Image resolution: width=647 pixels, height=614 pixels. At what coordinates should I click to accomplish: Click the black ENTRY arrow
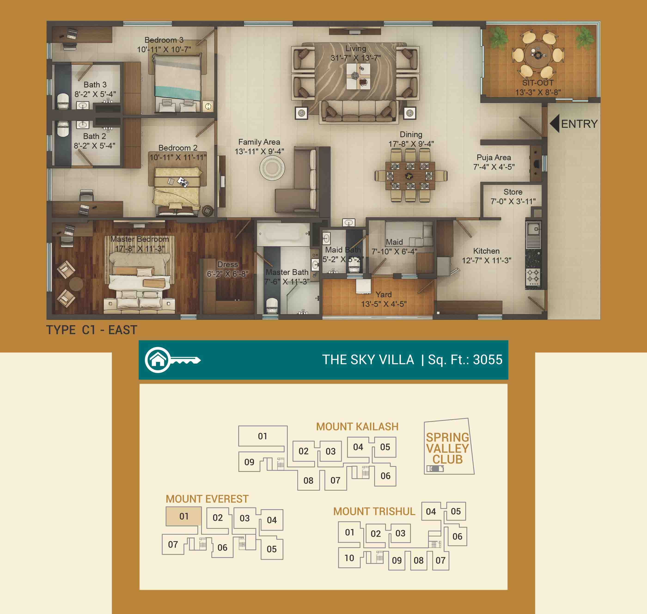pos(554,123)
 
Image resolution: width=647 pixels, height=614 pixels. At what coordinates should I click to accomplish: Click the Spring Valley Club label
pos(447,448)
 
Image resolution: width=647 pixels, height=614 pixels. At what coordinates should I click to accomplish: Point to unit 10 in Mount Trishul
pos(349,558)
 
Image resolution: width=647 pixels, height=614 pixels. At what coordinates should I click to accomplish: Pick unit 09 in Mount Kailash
pos(249,462)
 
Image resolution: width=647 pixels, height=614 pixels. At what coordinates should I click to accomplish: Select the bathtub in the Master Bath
pos(283,234)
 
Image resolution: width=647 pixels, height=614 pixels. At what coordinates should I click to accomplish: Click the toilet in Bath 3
pos(63,101)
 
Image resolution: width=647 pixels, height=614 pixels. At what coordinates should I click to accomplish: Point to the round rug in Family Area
pos(272,168)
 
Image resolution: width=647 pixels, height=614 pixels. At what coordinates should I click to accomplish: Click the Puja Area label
pos(494,157)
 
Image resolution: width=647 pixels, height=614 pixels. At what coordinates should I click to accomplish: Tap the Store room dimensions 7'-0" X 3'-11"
pos(513,201)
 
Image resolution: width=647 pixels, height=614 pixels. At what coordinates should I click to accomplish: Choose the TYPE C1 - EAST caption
pos(92,330)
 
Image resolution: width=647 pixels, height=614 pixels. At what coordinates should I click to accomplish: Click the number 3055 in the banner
pos(488,360)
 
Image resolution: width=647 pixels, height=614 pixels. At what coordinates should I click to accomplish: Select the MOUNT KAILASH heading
pos(357,426)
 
